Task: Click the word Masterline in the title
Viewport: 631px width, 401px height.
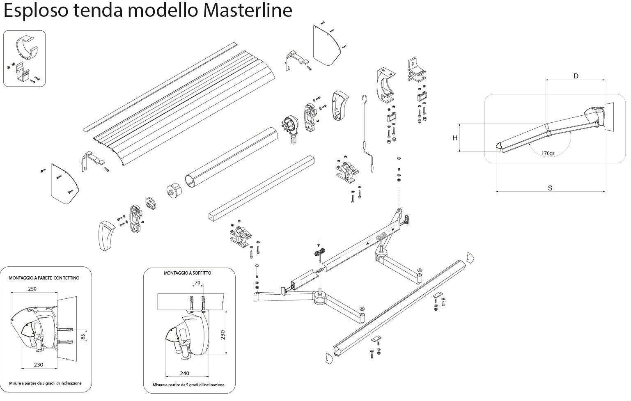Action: (248, 10)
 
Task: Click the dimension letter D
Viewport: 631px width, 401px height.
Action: (576, 76)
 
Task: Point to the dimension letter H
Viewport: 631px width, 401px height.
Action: (455, 138)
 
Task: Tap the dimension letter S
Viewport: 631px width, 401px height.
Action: (550, 188)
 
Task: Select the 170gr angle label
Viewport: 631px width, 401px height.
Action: (548, 154)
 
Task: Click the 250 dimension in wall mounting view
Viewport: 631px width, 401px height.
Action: (32, 289)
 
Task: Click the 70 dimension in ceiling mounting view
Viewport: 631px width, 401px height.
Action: (197, 283)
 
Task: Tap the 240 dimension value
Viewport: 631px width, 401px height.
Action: (184, 374)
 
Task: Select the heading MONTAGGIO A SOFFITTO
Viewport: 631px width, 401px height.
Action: (187, 273)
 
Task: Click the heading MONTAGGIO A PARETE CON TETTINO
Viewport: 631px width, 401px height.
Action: (44, 278)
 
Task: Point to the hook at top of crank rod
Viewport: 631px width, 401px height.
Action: (365, 99)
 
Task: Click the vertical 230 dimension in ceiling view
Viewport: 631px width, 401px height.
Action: (223, 335)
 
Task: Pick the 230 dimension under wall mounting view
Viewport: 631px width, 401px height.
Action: (39, 364)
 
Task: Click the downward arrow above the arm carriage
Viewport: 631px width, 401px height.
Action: (319, 243)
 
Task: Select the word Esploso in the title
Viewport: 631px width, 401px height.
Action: (36, 11)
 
